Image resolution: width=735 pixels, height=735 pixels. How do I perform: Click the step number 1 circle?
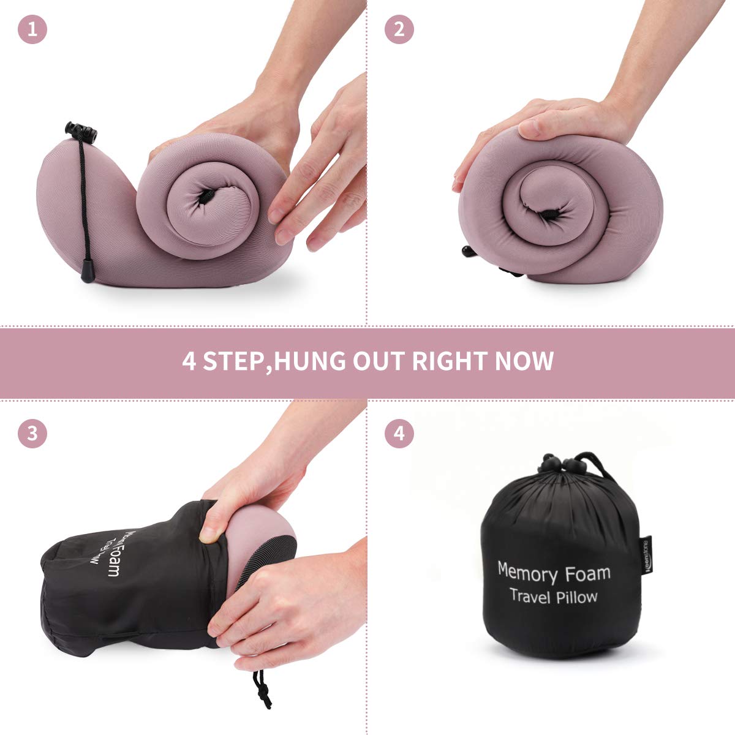(32, 29)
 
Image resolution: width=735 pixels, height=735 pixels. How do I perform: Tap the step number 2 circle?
(399, 29)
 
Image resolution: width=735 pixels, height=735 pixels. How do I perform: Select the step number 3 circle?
(32, 433)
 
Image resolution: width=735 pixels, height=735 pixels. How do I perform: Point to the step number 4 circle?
(399, 433)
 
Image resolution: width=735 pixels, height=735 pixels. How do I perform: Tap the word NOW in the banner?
(524, 361)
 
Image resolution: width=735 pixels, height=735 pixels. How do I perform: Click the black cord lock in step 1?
(81, 130)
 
